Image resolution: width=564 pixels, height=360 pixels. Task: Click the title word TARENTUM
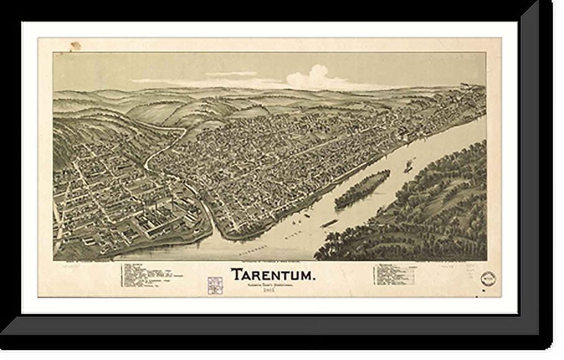[273, 274]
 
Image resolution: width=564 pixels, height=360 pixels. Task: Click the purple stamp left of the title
[214, 285]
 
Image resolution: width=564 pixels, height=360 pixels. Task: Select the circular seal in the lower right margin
[489, 279]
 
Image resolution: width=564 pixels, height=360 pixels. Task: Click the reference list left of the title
[152, 275]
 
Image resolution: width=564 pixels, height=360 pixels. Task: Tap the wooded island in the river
[362, 189]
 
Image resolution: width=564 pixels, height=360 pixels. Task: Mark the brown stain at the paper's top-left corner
[75, 47]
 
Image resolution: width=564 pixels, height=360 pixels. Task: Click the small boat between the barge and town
[306, 215]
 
